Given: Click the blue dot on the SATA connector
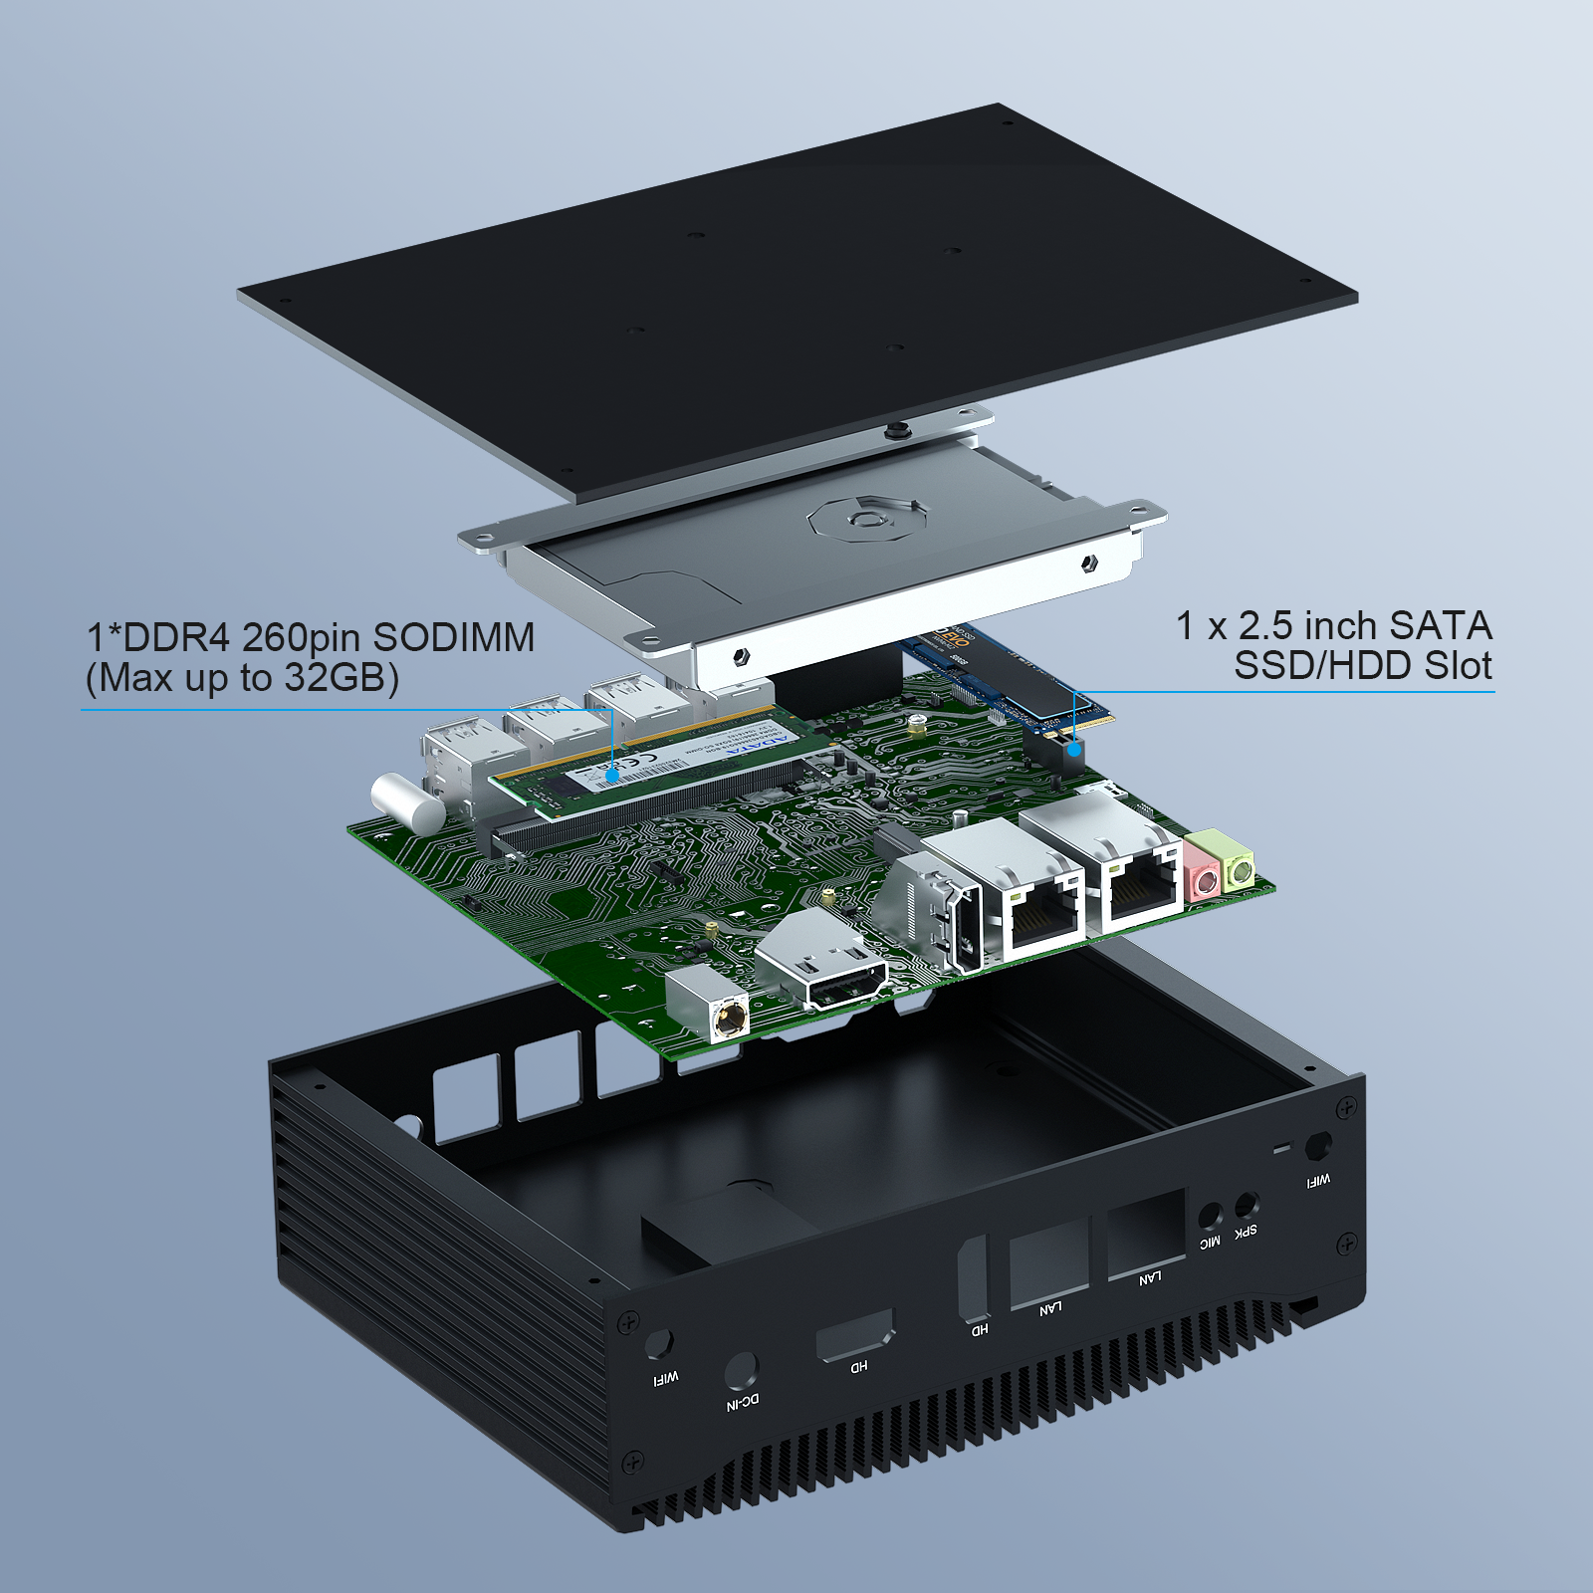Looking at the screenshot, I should click(x=1074, y=747).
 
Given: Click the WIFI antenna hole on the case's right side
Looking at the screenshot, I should click(x=1319, y=1145).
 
